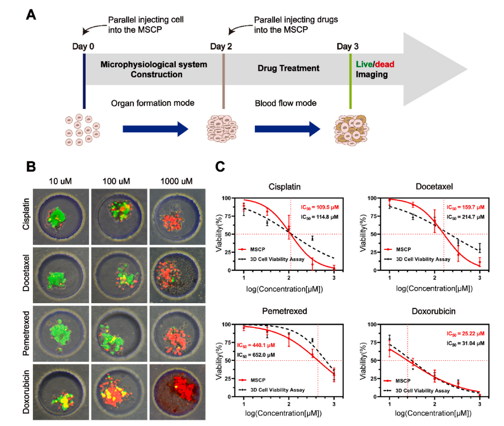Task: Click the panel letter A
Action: pos(31,14)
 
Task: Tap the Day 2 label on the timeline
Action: pos(221,47)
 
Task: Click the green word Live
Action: pos(364,65)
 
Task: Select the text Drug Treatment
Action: pos(288,68)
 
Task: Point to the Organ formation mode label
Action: pos(152,103)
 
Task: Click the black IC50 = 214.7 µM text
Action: pos(465,217)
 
